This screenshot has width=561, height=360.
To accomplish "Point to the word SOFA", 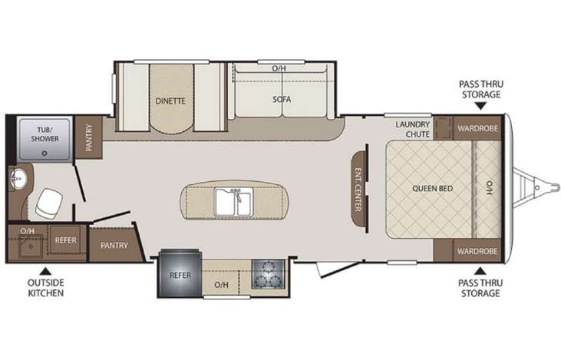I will (282, 100).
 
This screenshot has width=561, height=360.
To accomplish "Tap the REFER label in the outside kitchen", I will (65, 240).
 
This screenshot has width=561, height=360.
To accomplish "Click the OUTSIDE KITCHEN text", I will (45, 288).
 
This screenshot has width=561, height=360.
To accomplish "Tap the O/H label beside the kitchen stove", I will (222, 285).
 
